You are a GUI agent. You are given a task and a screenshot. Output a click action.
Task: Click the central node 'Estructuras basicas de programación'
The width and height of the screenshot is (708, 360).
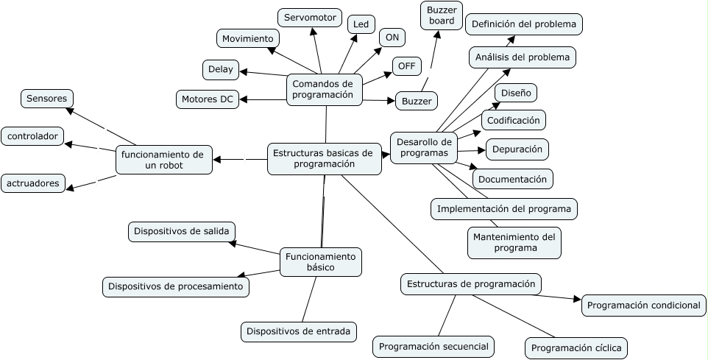coord(324,158)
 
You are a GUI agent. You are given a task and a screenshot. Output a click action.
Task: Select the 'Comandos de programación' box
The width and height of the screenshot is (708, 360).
coord(323,89)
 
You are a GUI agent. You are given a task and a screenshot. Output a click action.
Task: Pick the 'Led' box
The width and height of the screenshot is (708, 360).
coord(361,24)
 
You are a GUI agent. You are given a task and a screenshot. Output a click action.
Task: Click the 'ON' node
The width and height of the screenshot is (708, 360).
coord(392,38)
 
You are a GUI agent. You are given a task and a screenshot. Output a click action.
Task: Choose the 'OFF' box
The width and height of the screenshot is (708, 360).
coord(406,66)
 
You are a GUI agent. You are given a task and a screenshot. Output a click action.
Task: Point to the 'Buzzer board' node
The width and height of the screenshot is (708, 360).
coord(442,15)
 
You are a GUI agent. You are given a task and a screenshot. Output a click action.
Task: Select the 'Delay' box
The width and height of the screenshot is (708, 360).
coord(221,70)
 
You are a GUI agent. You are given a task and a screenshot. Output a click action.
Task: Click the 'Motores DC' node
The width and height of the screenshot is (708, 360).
coord(208,99)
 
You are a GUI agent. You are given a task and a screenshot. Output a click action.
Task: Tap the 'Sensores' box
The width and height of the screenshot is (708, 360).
coord(46,98)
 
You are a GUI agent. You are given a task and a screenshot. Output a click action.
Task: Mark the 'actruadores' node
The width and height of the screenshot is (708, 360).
coord(33,183)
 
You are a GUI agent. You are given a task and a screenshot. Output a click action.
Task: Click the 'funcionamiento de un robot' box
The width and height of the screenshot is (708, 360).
coord(163,160)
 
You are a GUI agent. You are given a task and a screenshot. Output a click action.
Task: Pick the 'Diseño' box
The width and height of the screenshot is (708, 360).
coord(515,93)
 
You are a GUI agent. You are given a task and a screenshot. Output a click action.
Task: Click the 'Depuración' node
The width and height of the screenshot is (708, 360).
coord(517,149)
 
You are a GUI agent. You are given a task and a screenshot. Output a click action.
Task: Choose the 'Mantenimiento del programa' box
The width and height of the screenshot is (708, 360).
coord(514,242)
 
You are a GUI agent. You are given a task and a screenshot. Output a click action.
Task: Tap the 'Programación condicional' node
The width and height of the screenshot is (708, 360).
coord(644,305)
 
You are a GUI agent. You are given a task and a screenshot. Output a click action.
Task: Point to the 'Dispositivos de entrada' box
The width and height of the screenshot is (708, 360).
coord(299,331)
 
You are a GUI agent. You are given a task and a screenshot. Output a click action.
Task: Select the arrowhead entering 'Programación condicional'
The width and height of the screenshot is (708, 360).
coord(577,299)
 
